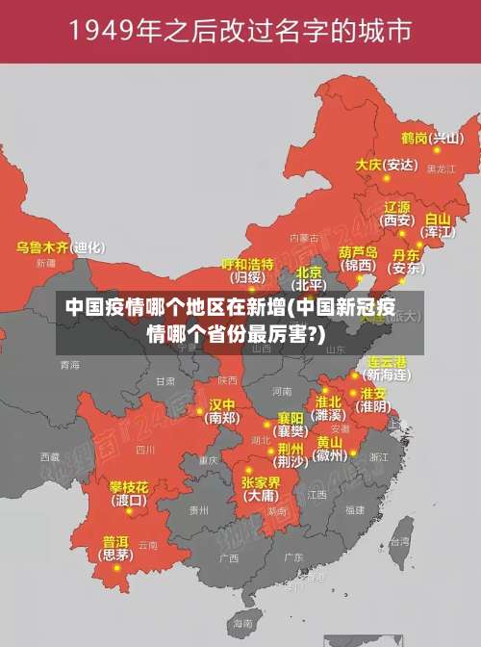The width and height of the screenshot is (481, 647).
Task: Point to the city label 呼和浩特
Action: click(248, 264)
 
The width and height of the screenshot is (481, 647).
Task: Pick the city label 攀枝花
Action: click(128, 486)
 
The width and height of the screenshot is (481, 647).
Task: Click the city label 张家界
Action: click(261, 482)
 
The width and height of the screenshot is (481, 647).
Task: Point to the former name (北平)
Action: click(310, 285)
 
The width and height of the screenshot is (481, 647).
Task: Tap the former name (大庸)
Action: click(261, 497)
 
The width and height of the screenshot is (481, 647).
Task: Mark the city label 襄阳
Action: click(291, 418)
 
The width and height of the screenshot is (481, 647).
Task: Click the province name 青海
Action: click(69, 365)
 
